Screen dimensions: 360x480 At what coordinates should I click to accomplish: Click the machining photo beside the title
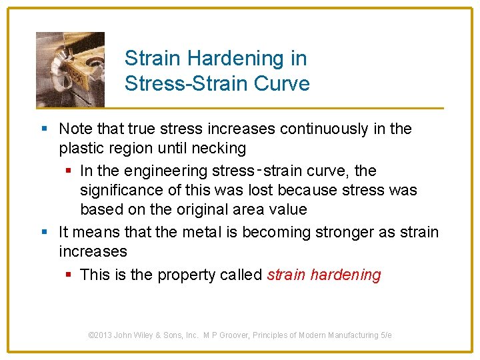click(70, 69)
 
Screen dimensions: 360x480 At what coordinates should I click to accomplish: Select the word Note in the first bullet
click(75, 129)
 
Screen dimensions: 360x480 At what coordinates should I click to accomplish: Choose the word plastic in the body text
click(80, 148)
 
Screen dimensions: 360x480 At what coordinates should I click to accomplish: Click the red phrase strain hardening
click(324, 275)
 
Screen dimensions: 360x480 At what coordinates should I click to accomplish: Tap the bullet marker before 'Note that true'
click(44, 129)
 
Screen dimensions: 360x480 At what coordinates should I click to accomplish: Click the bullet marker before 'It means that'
click(44, 232)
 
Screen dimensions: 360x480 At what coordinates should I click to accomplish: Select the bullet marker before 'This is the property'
click(69, 275)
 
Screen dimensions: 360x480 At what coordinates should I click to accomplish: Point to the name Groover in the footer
click(247, 335)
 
